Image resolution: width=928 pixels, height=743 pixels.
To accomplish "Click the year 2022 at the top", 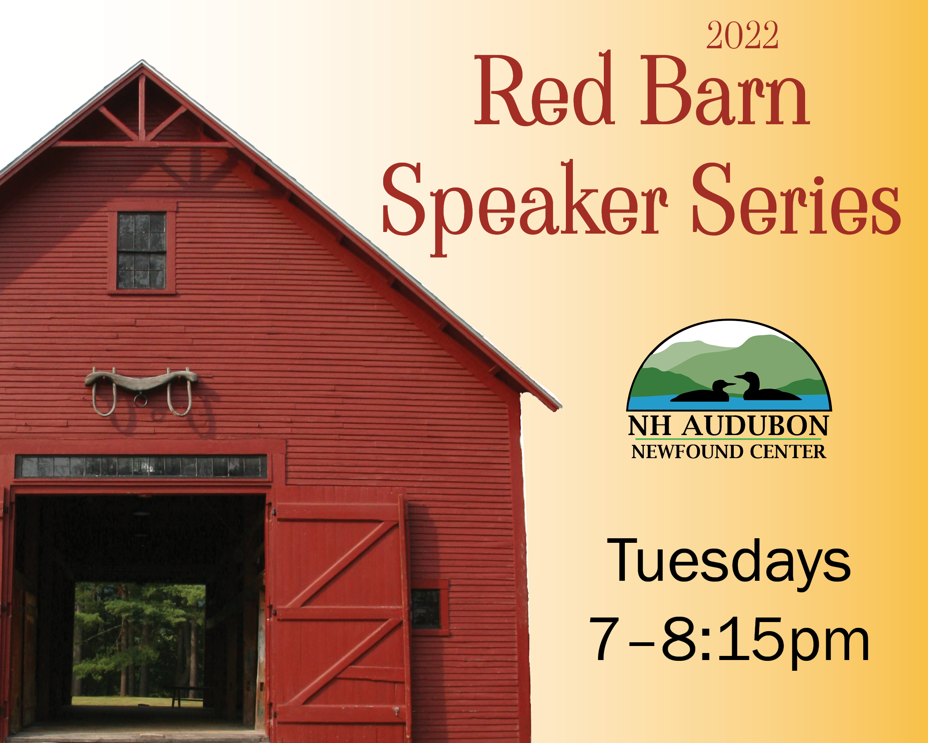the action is pos(742,35).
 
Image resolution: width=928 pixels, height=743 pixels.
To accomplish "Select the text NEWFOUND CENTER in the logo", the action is pos(728,452).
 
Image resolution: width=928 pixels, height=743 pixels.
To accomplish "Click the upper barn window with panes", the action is pos(141,250).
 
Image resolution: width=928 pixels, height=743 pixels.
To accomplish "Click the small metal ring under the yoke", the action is pos(140,400).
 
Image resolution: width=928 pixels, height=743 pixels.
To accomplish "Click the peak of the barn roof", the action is pos(142,61).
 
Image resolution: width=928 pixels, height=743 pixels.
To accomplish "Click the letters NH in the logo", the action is pos(650,426).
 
